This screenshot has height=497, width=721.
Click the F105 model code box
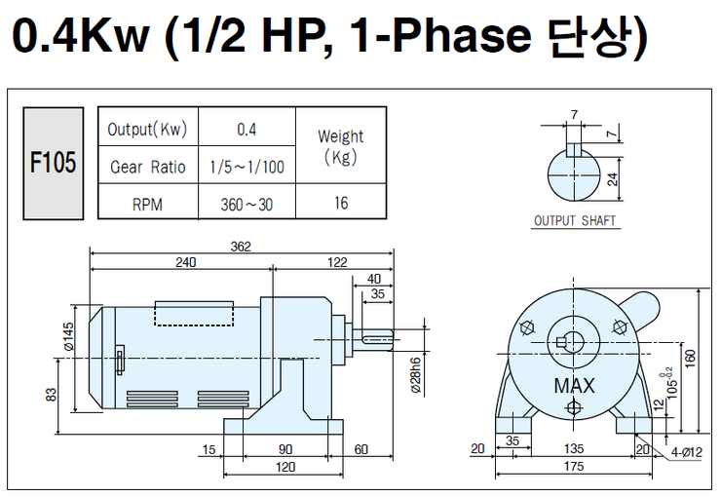[x=53, y=164]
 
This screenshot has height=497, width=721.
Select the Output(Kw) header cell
[x=147, y=130]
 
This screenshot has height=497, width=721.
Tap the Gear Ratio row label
[x=147, y=167]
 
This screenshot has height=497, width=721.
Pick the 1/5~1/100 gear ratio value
[x=247, y=167]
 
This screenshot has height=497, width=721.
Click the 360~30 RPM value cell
[x=247, y=204]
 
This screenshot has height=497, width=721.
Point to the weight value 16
[x=340, y=204]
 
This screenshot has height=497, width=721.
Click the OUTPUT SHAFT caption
[x=575, y=221]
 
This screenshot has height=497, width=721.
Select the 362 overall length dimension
[x=241, y=247]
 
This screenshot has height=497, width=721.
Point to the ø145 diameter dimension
[x=68, y=337]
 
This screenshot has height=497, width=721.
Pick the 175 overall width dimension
[x=574, y=467]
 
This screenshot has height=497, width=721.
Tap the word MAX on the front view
[x=574, y=386]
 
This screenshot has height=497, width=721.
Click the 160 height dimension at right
[x=691, y=359]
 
